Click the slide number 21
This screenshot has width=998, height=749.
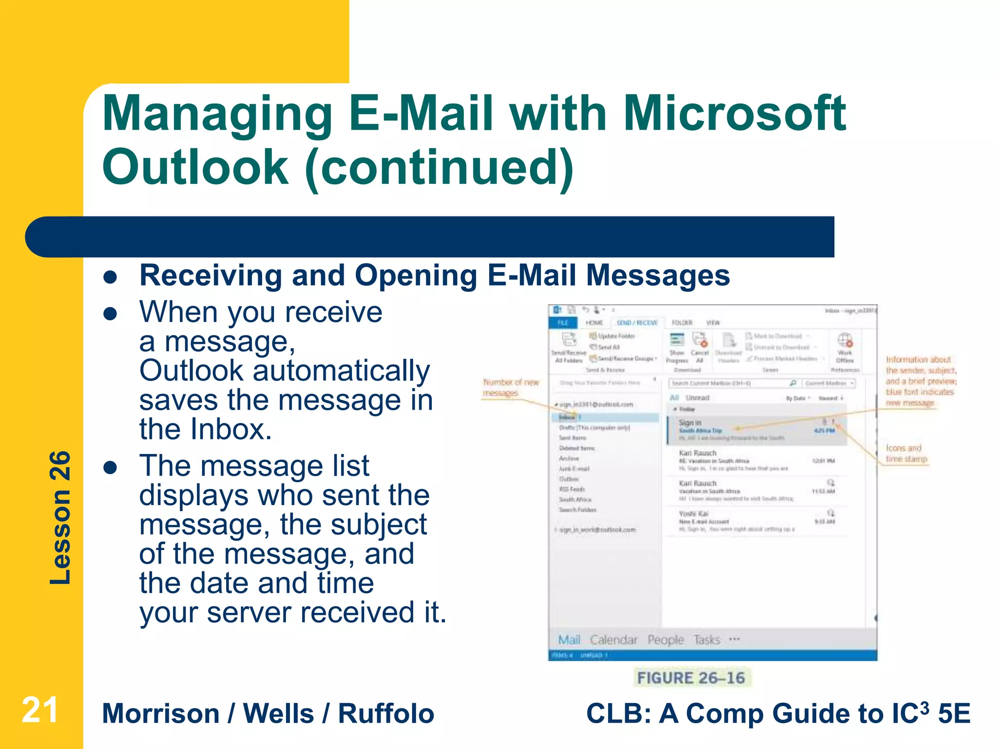click(40, 710)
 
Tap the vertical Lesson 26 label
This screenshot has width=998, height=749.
click(60, 517)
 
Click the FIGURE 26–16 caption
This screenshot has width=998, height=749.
click(691, 678)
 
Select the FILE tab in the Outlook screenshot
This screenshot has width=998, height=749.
click(563, 323)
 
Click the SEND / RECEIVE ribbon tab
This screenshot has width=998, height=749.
click(637, 323)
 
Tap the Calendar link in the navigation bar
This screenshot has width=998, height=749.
click(614, 640)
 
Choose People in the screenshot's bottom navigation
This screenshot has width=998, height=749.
click(665, 640)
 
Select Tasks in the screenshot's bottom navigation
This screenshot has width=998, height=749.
click(707, 640)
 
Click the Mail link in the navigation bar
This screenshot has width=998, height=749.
click(569, 640)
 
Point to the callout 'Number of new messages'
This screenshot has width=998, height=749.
click(510, 388)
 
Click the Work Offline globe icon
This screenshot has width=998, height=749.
click(844, 340)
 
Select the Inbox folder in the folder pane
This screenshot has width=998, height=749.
click(567, 417)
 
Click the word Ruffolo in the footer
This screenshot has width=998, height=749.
click(386, 714)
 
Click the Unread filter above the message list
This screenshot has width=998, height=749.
click(697, 398)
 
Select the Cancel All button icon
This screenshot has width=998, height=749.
click(700, 340)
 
